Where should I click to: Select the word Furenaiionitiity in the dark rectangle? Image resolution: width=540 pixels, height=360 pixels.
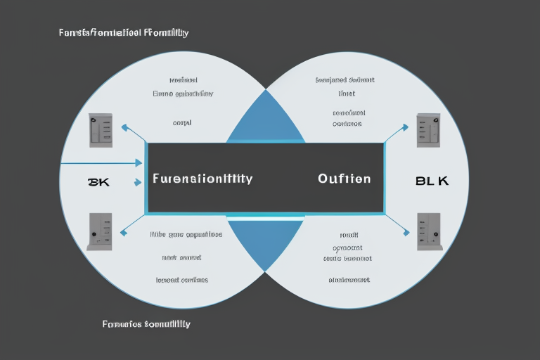(202, 179)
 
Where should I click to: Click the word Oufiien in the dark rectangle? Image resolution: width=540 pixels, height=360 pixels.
(344, 179)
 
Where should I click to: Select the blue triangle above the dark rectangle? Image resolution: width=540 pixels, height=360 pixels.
(265, 120)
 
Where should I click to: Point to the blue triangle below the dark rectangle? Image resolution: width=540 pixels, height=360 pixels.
(265, 239)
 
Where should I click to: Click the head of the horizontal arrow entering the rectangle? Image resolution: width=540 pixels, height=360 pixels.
(139, 163)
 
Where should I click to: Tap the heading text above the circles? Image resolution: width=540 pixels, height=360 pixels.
(124, 33)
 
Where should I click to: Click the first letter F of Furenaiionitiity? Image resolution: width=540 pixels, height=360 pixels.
(155, 179)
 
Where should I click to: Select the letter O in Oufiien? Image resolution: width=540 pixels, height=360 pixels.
(323, 179)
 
